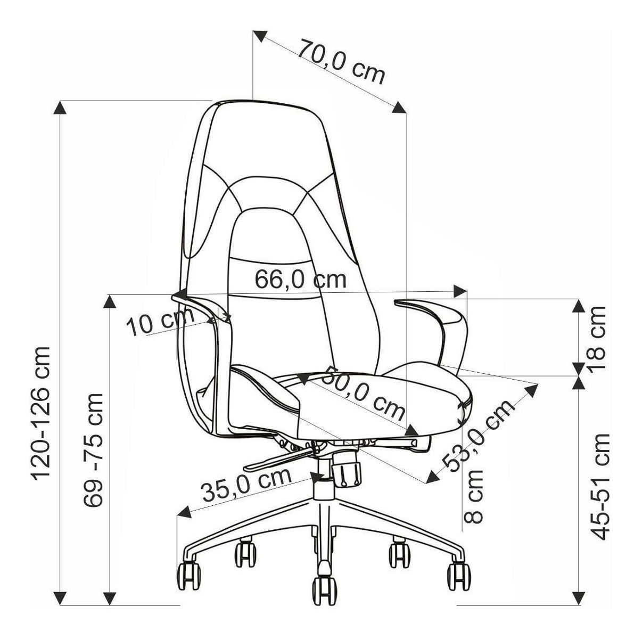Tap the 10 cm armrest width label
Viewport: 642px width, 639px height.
(x=160, y=321)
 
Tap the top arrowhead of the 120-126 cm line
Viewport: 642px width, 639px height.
(x=60, y=108)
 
